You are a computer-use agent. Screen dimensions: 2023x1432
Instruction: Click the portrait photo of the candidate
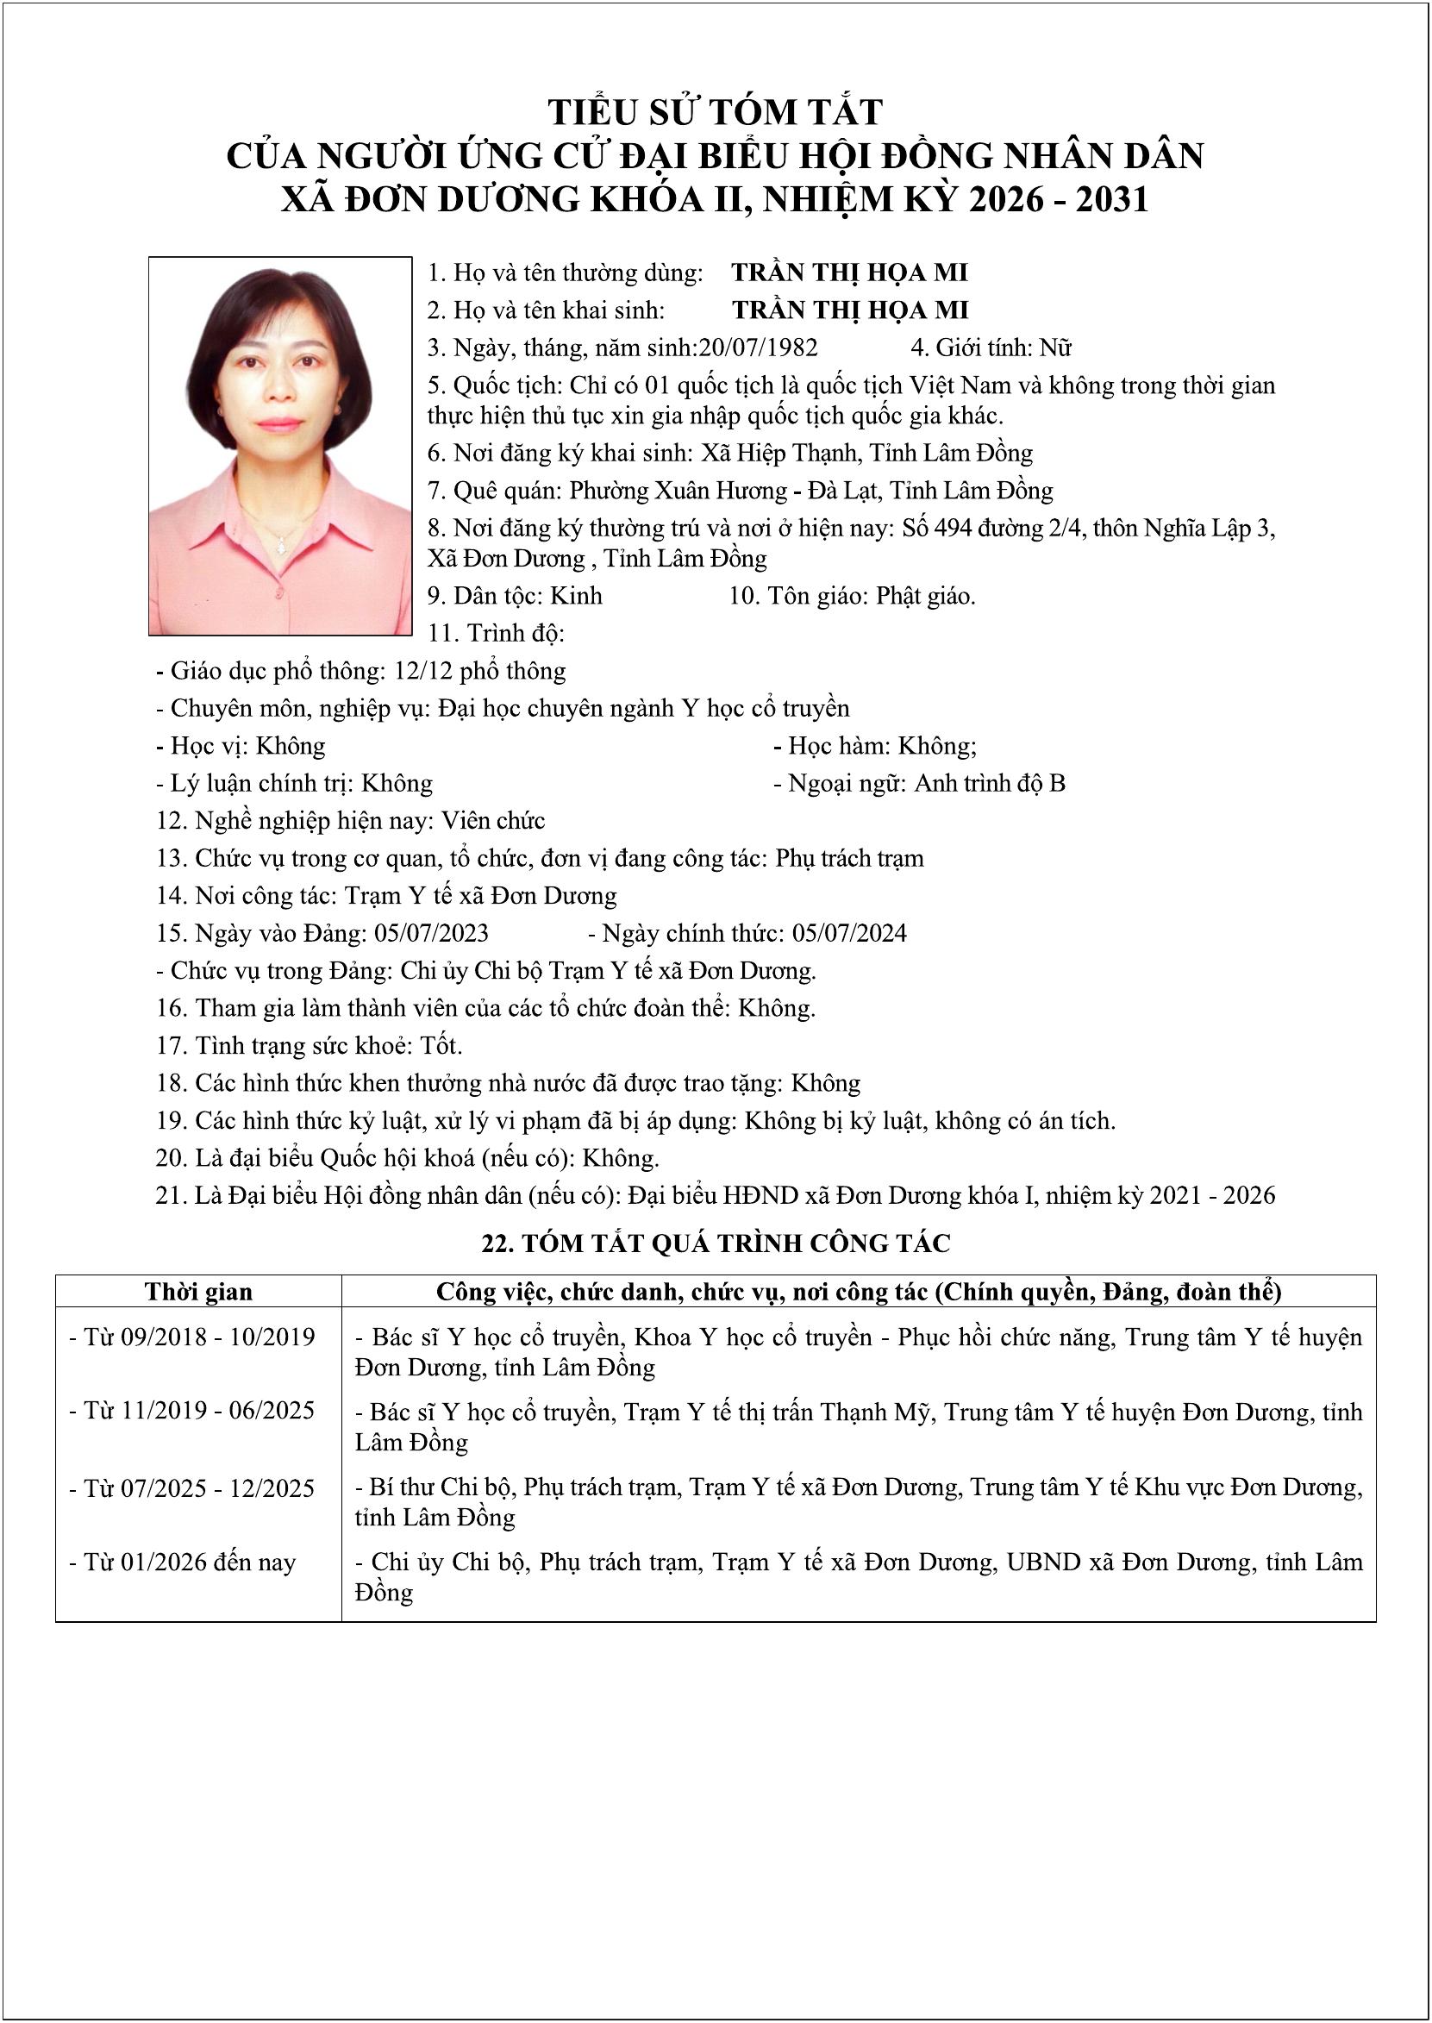[280, 445]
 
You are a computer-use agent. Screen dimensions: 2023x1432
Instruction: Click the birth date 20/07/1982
[759, 348]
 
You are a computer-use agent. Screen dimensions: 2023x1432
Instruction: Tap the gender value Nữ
[1055, 348]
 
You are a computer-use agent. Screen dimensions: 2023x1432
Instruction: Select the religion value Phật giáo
[925, 596]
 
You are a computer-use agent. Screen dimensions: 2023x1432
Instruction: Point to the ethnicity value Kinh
[576, 596]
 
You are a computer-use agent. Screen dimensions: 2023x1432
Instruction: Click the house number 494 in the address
[952, 529]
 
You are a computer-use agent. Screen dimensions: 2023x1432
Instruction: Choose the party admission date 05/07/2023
[431, 933]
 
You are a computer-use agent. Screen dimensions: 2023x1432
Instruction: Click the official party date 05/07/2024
[849, 933]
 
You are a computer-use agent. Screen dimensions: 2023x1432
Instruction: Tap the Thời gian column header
[198, 1292]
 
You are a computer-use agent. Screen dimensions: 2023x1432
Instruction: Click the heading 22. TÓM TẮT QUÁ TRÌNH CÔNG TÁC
[716, 1243]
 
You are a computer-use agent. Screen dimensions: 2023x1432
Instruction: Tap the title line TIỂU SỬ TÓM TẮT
[715, 112]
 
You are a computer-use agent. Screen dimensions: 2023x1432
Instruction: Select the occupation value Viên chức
[494, 821]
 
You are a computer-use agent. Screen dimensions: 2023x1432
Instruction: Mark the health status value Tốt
[441, 1046]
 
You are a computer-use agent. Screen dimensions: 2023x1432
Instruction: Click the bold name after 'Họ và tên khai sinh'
[850, 310]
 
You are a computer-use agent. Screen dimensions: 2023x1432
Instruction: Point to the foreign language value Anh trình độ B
[990, 783]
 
